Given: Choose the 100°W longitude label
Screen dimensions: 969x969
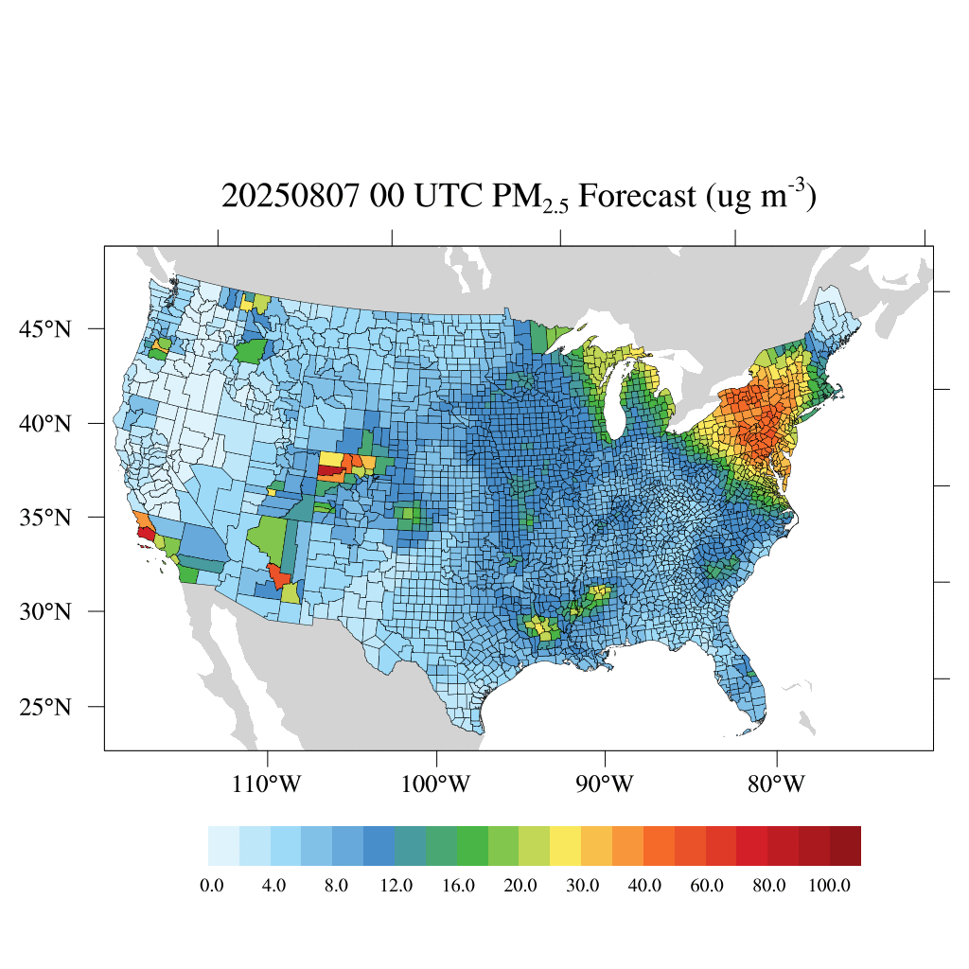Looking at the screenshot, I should pos(437,784).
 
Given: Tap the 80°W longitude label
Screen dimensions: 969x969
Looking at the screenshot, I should pos(776,784).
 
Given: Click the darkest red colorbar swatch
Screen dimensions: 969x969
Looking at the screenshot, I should pos(845,846).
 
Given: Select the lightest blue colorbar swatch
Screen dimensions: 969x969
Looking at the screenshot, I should pos(223,846).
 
